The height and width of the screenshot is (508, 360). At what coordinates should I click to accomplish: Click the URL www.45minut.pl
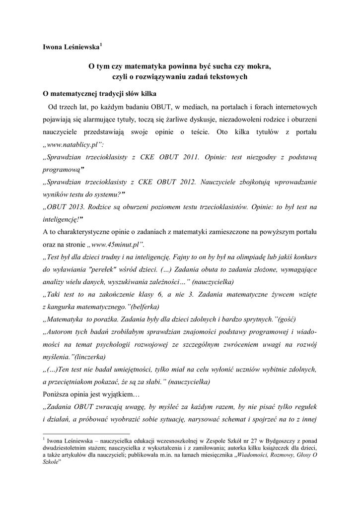(x=115, y=245)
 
